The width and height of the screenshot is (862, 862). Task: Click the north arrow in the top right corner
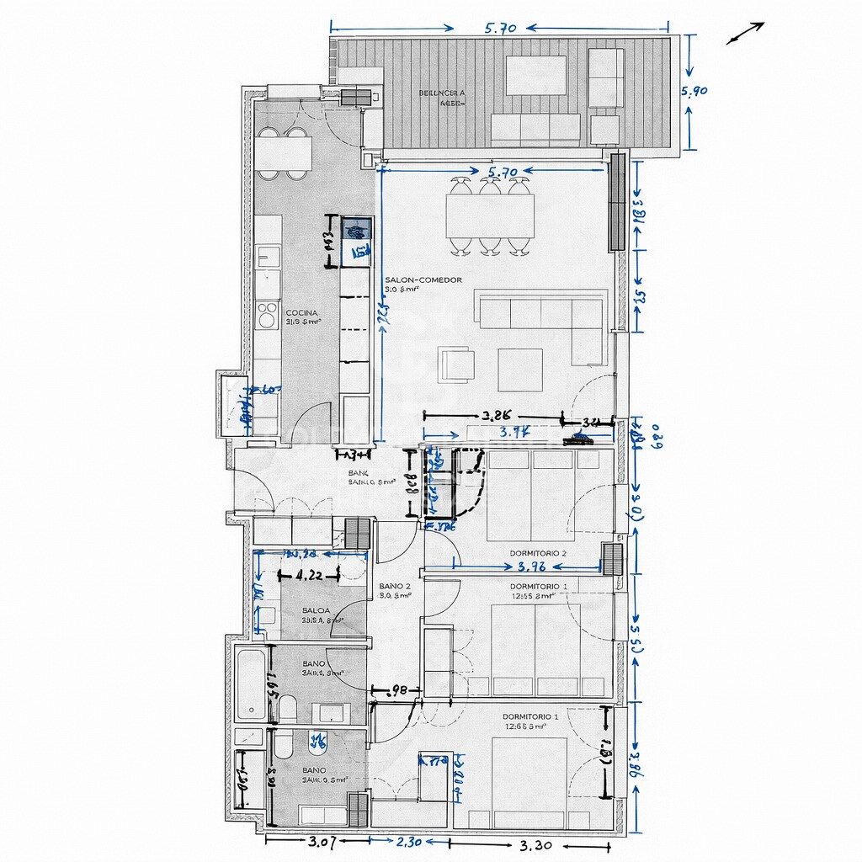tap(745, 33)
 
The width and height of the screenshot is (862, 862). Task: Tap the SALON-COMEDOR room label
tap(423, 280)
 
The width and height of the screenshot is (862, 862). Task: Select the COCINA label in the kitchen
tap(301, 313)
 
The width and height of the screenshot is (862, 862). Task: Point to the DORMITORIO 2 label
tap(538, 553)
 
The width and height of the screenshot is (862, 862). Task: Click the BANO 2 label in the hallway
tap(395, 586)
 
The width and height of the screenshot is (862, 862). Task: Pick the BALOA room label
tap(316, 610)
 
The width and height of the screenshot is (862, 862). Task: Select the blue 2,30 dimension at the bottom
tap(410, 840)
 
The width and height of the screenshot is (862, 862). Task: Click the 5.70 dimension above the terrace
tap(500, 28)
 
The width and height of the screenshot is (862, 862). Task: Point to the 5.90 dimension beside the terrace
tap(694, 93)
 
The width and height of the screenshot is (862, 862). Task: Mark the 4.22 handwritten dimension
tap(310, 577)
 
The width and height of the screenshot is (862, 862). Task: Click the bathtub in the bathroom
tap(250, 683)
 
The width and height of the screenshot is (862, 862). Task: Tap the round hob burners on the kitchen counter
tap(268, 315)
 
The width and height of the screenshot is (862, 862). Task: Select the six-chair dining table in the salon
tap(490, 216)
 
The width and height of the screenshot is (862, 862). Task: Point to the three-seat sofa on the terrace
tap(535, 128)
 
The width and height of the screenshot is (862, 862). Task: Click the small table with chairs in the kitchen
tap(284, 152)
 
